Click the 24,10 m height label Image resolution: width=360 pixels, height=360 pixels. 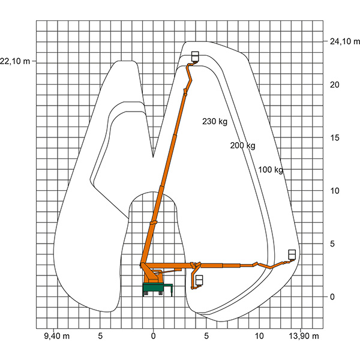point(345,41)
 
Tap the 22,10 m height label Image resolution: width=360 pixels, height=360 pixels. point(14,61)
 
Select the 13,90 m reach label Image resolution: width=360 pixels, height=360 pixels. point(304,336)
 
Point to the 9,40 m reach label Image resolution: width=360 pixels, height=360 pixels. point(57,336)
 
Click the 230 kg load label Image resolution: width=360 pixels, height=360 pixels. point(215,121)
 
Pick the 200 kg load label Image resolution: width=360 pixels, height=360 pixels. point(242,146)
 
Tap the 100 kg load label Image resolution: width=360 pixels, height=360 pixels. point(271,170)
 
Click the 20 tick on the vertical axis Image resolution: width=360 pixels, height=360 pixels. point(335,85)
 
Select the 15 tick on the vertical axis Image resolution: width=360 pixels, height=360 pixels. point(335,138)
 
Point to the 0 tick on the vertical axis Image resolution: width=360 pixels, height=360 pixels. point(332,297)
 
